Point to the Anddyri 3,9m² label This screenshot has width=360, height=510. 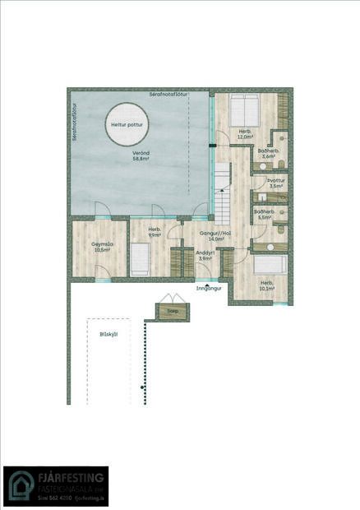pyautogui.click(x=205, y=256)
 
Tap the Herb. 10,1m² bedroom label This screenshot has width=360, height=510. pyautogui.click(x=266, y=285)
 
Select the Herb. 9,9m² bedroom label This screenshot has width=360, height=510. pyautogui.click(x=154, y=233)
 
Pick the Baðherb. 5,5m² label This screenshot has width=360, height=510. pyautogui.click(x=265, y=215)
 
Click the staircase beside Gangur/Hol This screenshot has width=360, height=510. pyautogui.click(x=222, y=194)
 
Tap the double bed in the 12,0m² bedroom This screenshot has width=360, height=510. pyautogui.click(x=243, y=108)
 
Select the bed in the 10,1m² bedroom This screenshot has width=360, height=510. pyautogui.click(x=268, y=264)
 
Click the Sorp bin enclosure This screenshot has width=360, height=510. pyautogui.click(x=173, y=311)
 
